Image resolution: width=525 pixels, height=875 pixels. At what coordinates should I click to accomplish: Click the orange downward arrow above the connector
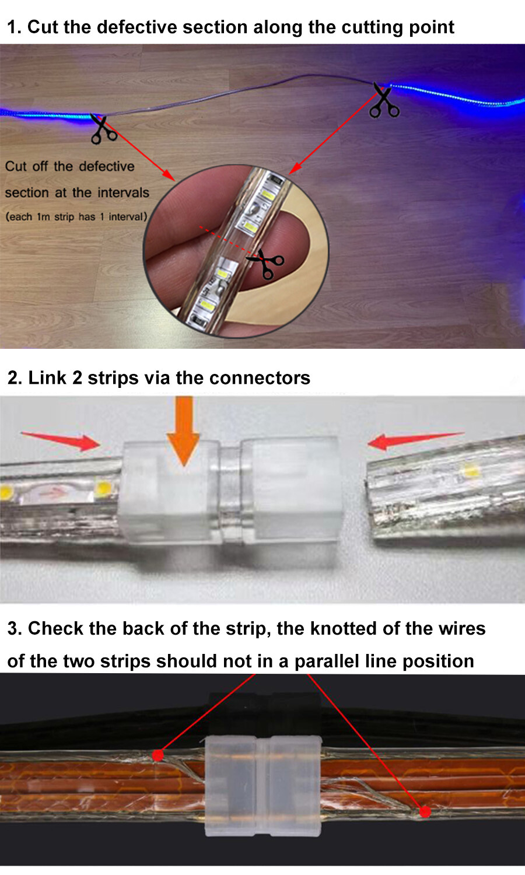(x=184, y=430)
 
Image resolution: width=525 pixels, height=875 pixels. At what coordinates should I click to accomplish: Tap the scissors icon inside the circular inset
(x=265, y=264)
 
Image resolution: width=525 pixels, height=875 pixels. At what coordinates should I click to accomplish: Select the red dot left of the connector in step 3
(x=158, y=755)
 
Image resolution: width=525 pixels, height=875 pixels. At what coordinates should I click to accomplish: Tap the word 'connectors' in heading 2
(x=260, y=378)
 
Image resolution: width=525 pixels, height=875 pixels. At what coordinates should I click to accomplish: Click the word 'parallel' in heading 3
(x=327, y=661)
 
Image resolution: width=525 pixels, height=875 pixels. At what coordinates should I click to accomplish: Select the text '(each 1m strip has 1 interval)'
(x=76, y=217)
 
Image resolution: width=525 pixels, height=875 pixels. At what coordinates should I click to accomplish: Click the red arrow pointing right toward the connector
(x=61, y=440)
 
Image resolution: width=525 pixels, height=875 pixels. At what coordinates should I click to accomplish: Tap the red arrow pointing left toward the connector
(x=415, y=440)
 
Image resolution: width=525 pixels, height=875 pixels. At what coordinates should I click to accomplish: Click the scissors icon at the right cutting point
(x=384, y=100)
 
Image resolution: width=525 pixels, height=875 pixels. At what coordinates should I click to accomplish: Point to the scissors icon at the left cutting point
(x=103, y=128)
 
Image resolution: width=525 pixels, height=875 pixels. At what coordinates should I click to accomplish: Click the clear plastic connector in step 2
(x=230, y=492)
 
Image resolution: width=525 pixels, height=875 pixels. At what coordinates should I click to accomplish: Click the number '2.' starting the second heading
(x=15, y=378)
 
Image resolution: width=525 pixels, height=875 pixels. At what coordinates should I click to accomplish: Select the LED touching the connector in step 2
(x=103, y=488)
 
